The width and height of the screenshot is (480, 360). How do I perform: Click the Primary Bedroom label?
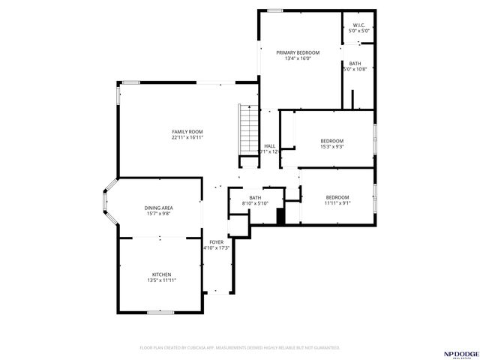[x=298, y=52]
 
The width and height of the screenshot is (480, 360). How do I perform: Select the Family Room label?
[x=187, y=131]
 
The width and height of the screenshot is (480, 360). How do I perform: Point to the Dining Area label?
[x=158, y=208]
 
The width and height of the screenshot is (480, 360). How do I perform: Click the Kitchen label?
[x=162, y=274]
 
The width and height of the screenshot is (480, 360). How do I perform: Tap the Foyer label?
[x=216, y=241]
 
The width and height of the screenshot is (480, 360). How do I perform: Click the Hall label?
[x=269, y=145]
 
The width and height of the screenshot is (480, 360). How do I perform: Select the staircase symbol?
[x=247, y=130]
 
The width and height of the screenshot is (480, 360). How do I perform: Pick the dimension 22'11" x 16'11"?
[x=187, y=138]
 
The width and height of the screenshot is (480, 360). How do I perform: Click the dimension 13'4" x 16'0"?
[x=298, y=59]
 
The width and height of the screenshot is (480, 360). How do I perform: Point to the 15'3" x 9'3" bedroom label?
[x=331, y=141]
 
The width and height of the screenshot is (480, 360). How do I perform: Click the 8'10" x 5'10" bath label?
[x=255, y=197]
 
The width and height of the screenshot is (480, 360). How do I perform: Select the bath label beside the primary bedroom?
[x=355, y=64]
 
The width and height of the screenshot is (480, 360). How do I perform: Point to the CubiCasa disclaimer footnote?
[x=240, y=347]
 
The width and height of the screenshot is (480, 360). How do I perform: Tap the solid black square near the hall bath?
[x=281, y=215]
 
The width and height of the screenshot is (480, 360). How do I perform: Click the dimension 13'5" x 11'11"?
[x=162, y=281]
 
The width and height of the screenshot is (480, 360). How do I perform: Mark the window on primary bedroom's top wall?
[x=275, y=10]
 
